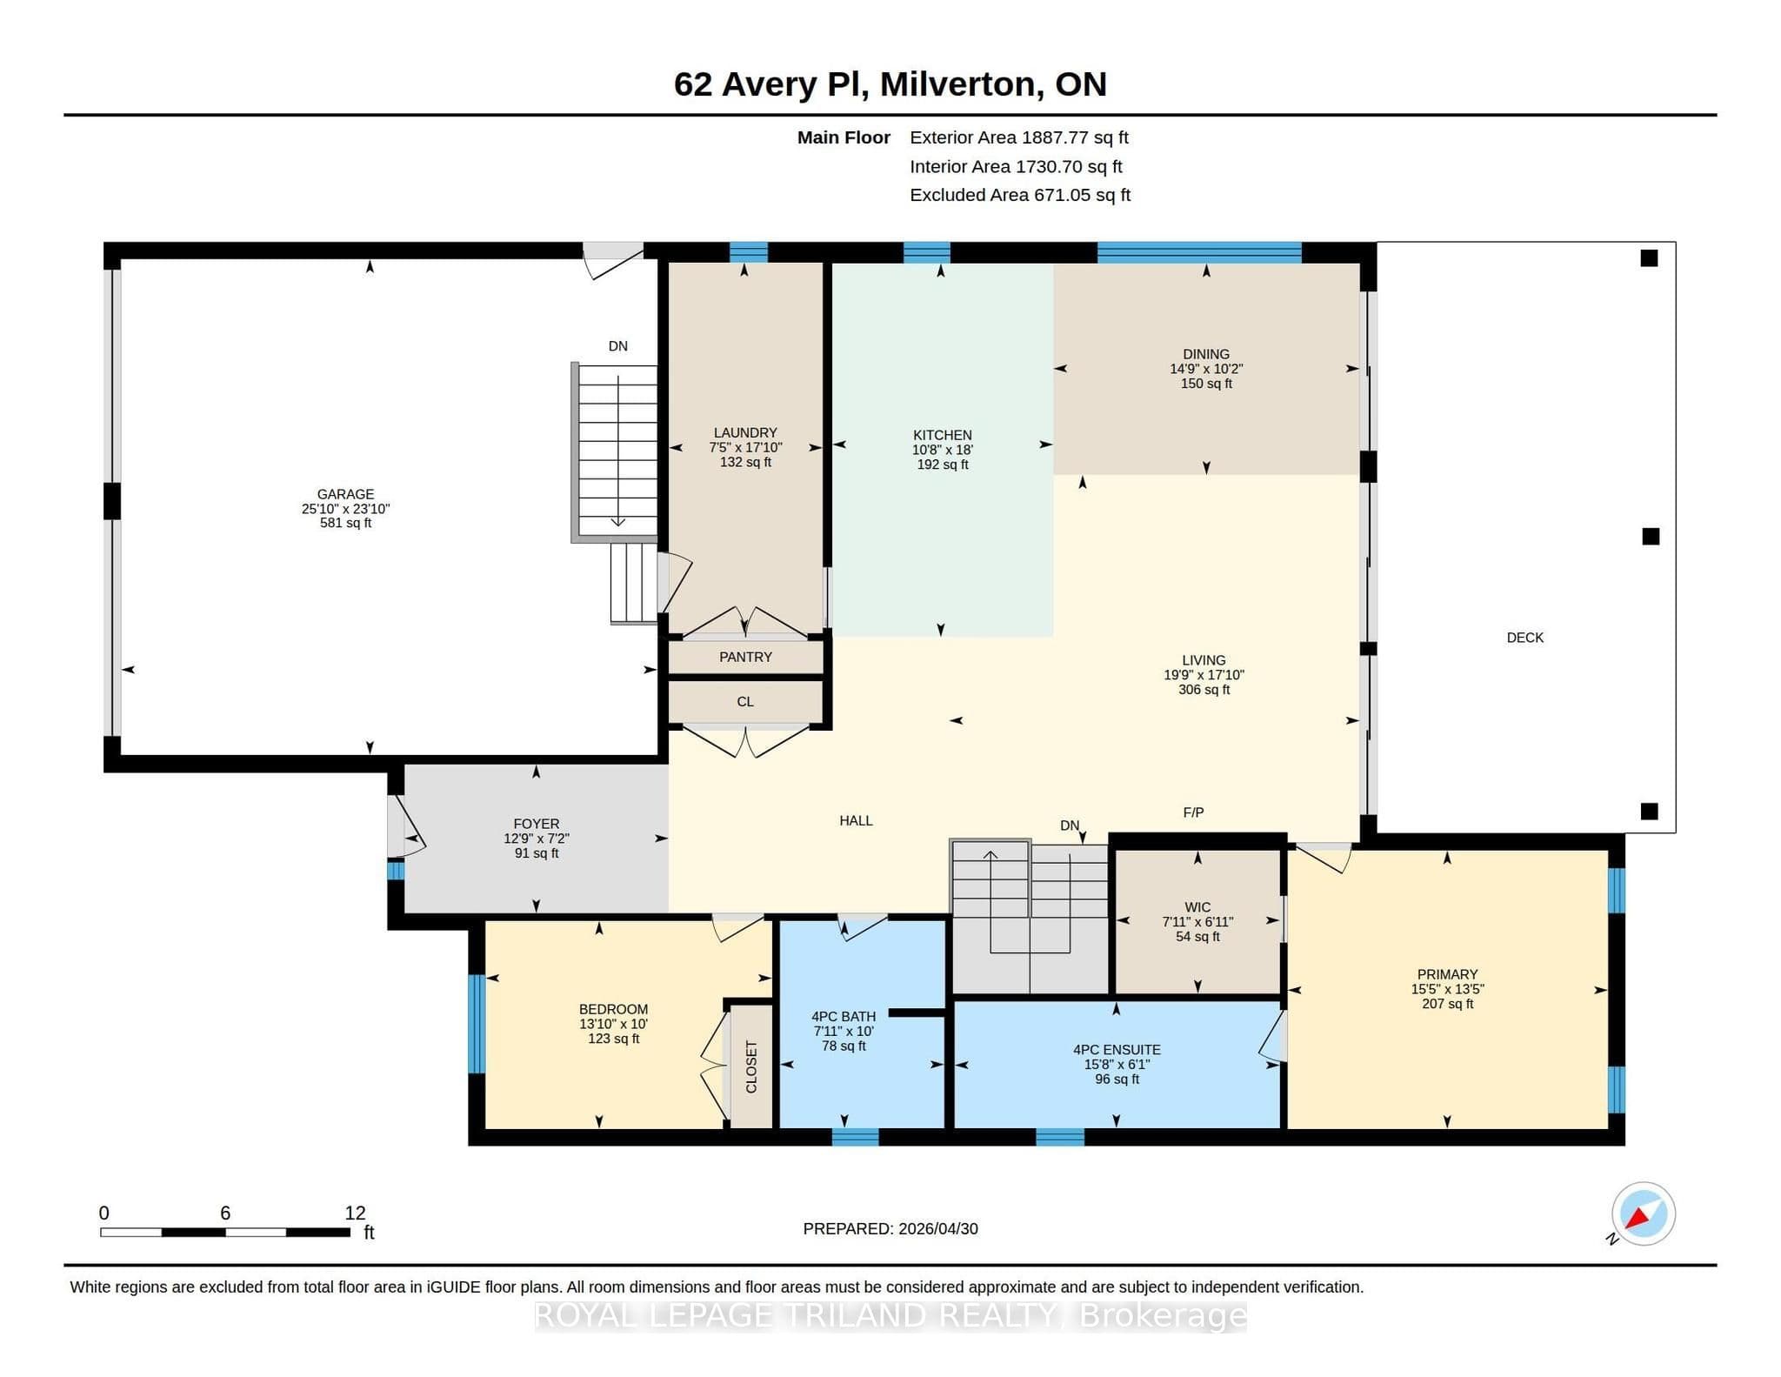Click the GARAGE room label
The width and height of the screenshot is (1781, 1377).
345,494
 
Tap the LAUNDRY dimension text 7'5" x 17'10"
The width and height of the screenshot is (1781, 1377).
745,448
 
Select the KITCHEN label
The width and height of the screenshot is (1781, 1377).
943,435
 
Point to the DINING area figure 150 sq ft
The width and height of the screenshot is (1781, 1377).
1206,384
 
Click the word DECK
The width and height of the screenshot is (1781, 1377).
1525,638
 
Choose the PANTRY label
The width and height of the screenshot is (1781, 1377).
745,658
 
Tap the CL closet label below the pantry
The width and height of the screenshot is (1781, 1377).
745,702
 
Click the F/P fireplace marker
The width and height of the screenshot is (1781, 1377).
1193,812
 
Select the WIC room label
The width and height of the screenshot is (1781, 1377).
1197,907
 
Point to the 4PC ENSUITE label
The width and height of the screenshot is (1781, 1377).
1117,1050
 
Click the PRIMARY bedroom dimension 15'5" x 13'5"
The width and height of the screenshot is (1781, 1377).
1447,989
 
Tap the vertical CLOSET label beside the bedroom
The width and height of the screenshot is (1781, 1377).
751,1067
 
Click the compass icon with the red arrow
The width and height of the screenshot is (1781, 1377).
1643,1214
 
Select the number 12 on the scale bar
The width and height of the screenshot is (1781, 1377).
355,1213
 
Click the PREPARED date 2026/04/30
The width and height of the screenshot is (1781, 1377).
938,1229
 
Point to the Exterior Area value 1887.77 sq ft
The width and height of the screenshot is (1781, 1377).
1075,137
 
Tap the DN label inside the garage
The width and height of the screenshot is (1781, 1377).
617,346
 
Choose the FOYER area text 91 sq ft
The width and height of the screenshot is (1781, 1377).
537,853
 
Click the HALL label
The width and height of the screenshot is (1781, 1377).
856,820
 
